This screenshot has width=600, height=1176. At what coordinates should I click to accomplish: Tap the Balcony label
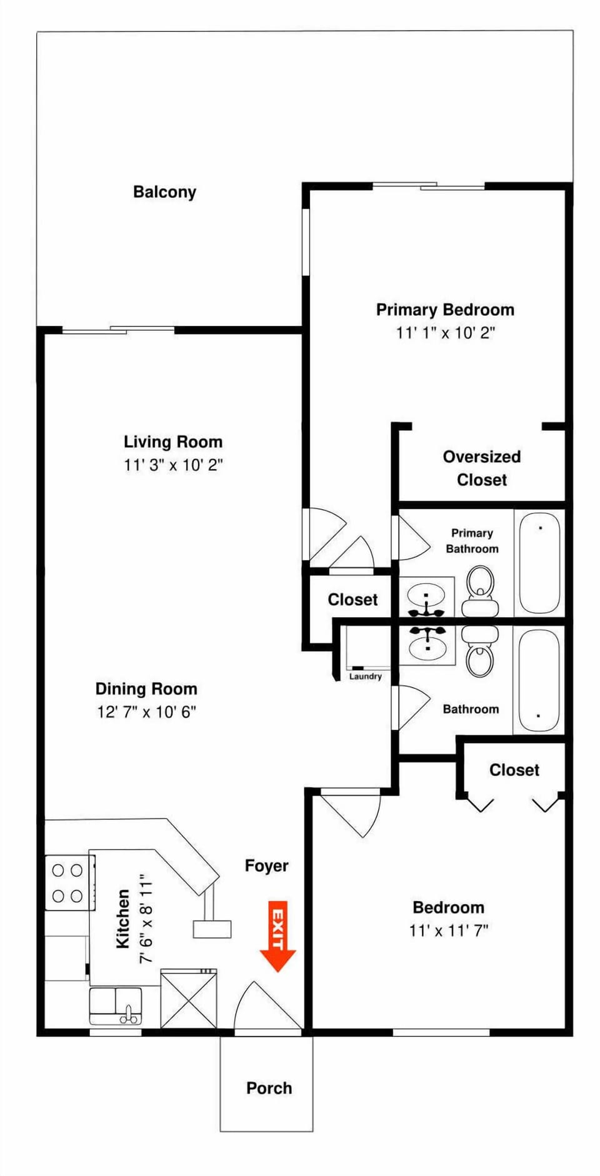(x=164, y=192)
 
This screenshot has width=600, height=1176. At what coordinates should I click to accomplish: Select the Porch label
(x=269, y=1088)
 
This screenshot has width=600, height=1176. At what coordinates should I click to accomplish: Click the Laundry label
(x=365, y=676)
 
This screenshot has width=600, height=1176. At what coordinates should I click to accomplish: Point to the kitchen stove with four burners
(x=68, y=882)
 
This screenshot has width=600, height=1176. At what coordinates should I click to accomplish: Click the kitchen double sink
(x=116, y=1006)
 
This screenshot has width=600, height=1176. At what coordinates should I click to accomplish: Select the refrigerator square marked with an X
(x=189, y=999)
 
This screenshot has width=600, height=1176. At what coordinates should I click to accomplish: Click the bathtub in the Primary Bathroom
(x=539, y=563)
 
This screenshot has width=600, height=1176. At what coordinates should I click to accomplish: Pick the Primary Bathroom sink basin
(x=427, y=596)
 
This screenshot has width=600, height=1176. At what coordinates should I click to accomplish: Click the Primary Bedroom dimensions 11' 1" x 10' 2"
(x=445, y=333)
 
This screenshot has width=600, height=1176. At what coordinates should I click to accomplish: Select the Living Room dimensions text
(x=173, y=465)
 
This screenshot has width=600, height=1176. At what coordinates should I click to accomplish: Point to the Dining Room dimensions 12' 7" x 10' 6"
(x=146, y=712)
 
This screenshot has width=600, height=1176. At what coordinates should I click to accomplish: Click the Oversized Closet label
(x=481, y=468)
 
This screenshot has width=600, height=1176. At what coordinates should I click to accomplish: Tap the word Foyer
(x=266, y=866)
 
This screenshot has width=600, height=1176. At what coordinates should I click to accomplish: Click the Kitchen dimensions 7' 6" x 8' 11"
(x=146, y=918)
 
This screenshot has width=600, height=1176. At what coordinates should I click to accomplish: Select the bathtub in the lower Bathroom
(x=539, y=679)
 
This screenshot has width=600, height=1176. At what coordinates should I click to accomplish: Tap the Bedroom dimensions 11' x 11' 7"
(x=448, y=931)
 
